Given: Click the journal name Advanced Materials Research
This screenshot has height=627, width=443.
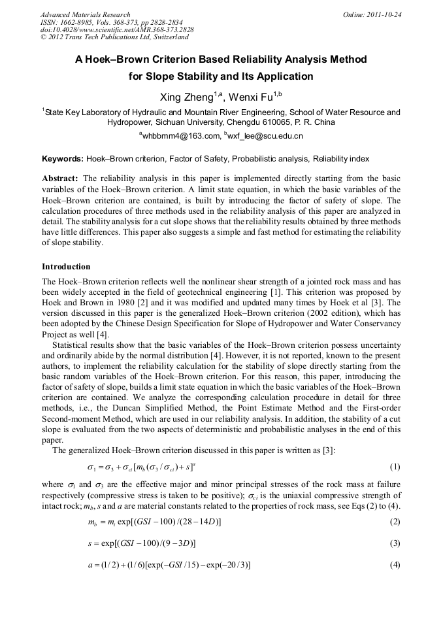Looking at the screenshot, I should click(85, 14).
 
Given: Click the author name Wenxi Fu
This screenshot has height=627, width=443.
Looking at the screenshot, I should click(251, 97).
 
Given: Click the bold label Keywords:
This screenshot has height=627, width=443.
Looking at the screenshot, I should click(63, 159).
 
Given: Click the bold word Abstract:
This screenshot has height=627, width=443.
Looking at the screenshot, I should click(60, 178).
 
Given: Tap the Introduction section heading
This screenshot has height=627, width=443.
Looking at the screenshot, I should click(66, 267).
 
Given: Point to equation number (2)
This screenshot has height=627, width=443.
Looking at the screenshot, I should click(395, 521).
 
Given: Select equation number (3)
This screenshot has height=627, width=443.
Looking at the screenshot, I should click(395, 543).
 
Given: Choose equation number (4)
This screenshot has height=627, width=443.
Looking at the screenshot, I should click(395, 564).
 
